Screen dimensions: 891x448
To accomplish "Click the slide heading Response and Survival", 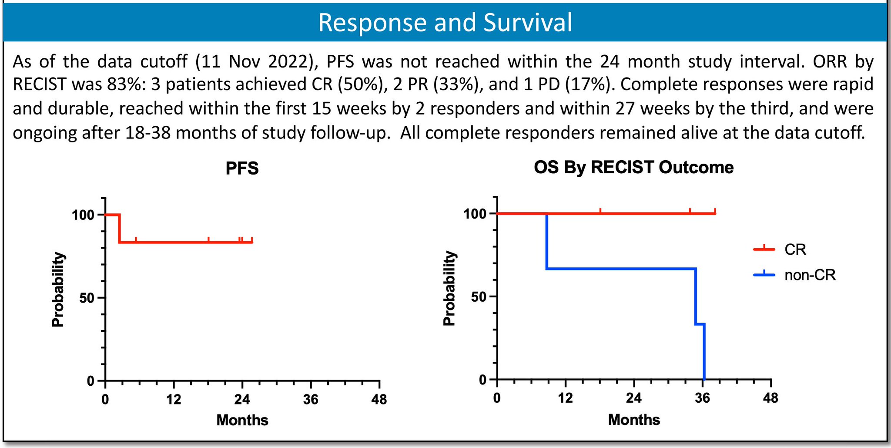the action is (445, 22).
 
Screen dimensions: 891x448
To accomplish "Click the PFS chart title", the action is (242, 168).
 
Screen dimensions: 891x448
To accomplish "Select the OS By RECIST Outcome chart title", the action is (633, 168).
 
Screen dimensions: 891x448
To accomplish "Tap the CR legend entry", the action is (795, 249).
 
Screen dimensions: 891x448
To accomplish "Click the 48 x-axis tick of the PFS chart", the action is (379, 399).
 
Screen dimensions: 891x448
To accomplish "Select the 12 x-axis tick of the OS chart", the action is (565, 397).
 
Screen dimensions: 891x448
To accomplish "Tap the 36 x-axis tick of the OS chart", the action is (702, 397).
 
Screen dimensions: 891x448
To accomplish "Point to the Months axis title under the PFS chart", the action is (242, 420).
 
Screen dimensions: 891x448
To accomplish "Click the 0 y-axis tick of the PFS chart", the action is (90, 381).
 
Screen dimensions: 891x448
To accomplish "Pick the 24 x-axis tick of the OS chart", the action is (634, 397).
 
